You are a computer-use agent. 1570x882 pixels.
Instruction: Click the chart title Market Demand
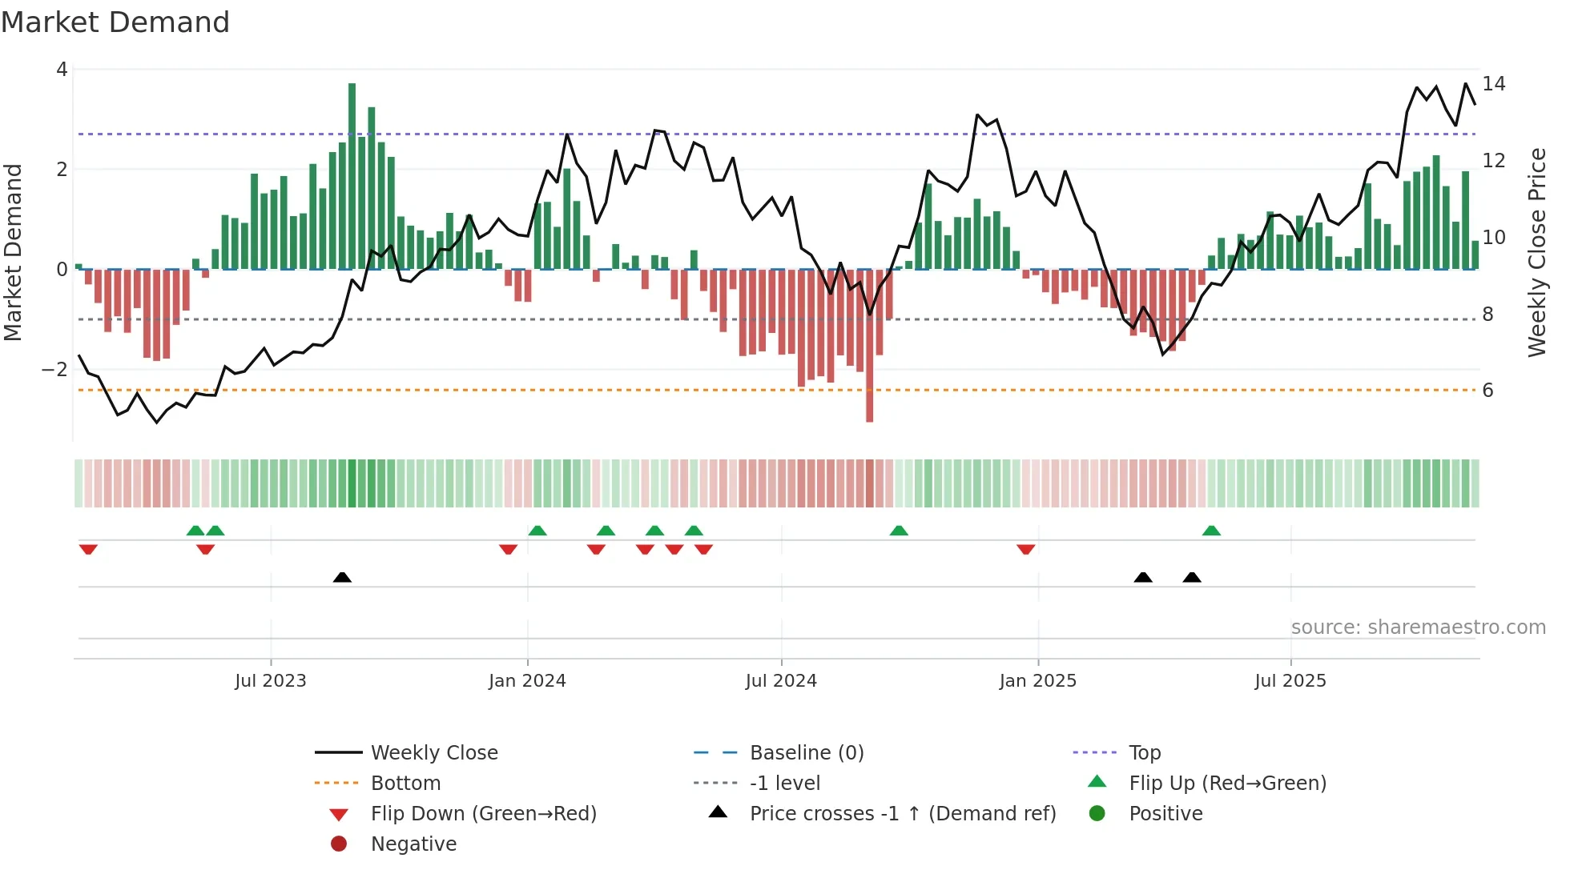coord(115,22)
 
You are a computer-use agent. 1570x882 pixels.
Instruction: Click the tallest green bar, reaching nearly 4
coord(352,176)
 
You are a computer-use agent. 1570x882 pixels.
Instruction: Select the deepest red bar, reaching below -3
coord(869,344)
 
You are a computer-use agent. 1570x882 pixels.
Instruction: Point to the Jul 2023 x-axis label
coord(271,681)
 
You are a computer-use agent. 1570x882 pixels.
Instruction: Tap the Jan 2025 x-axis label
coord(1038,681)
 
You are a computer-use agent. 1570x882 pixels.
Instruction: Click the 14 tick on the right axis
coord(1494,84)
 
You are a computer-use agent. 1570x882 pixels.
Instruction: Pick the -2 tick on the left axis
coord(55,370)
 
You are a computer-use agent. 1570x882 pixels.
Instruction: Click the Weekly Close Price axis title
coord(1536,252)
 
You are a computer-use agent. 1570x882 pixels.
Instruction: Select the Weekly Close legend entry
coord(433,753)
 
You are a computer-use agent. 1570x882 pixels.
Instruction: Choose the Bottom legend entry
coord(405,784)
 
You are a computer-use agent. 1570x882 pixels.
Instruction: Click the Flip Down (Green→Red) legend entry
coord(483,814)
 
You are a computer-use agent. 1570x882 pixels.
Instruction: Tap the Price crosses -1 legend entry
coord(903,814)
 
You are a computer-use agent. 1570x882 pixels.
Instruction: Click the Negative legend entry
coord(413,844)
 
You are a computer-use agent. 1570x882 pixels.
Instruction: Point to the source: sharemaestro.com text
coord(1418,627)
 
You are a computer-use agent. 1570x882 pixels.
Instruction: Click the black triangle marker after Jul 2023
coord(342,577)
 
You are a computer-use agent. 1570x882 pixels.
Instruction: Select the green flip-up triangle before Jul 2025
coord(1211,531)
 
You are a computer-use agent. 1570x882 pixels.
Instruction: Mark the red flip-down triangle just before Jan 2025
coord(1026,549)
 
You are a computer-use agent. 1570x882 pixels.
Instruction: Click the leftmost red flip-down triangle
coord(88,549)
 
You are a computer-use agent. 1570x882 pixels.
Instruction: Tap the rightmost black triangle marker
coord(1192,577)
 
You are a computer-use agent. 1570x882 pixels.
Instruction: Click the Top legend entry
coord(1144,753)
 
